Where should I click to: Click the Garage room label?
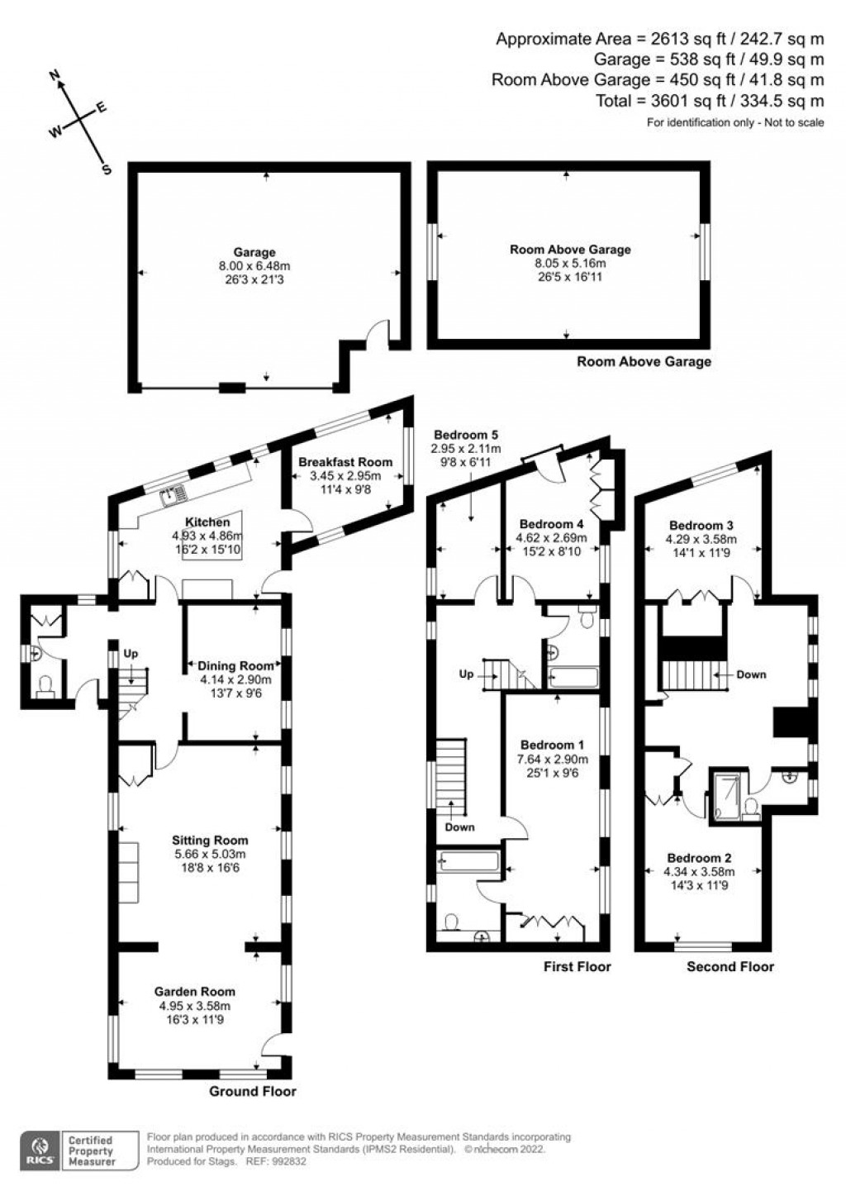pyautogui.click(x=254, y=252)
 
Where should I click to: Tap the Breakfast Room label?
pyautogui.click(x=345, y=461)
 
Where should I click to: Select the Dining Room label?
pyautogui.click(x=235, y=665)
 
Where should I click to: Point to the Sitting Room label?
pyautogui.click(x=209, y=841)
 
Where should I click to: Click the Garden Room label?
pyautogui.click(x=195, y=991)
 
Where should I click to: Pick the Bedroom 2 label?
pyautogui.click(x=699, y=858)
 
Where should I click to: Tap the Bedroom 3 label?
pyautogui.click(x=701, y=525)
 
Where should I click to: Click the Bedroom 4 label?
pyautogui.click(x=551, y=524)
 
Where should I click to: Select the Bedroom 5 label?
pyautogui.click(x=466, y=435)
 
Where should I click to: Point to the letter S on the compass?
pyautogui.click(x=106, y=169)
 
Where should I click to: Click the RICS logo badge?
pyautogui.click(x=39, y=1150)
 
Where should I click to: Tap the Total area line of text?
pyautogui.click(x=710, y=101)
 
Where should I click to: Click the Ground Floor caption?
pyautogui.click(x=252, y=1091)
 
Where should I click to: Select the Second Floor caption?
pyautogui.click(x=730, y=966)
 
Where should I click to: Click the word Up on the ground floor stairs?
pyautogui.click(x=131, y=653)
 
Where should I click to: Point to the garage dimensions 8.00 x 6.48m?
pyautogui.click(x=254, y=266)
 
